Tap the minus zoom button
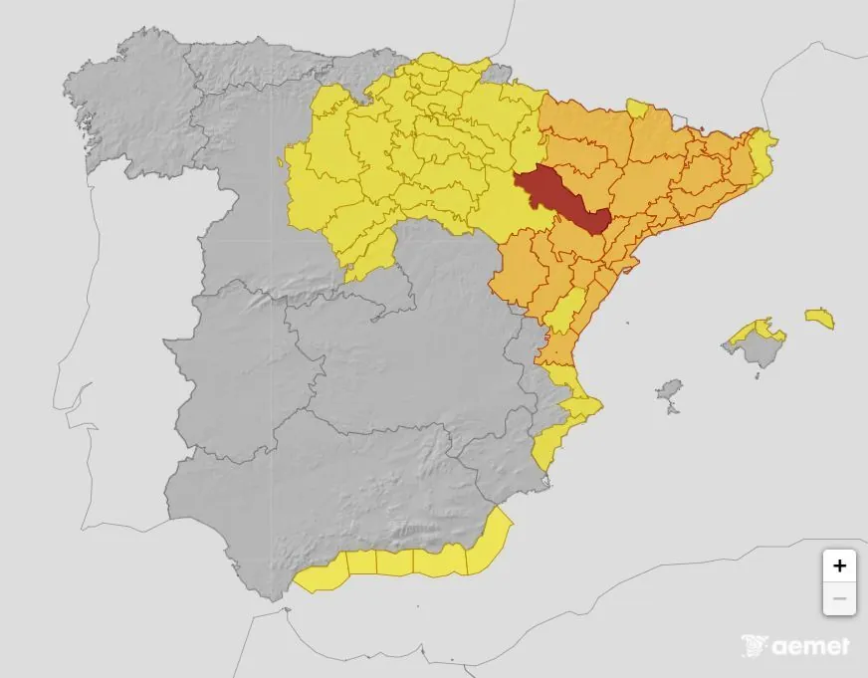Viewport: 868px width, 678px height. click(x=839, y=598)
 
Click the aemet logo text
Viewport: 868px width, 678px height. click(x=811, y=646)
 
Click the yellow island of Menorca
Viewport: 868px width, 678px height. click(x=820, y=318)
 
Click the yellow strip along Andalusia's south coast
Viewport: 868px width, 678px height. click(x=398, y=564)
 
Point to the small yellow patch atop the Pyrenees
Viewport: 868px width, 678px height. click(x=637, y=107)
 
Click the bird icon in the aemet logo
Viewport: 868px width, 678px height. click(x=757, y=645)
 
